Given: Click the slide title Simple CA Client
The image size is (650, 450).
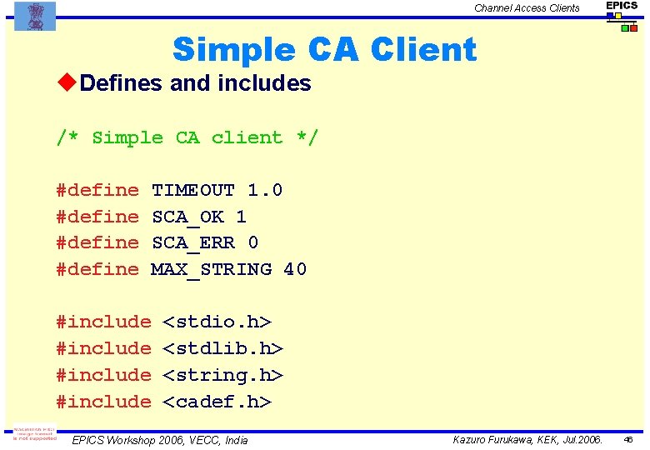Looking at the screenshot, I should (x=324, y=50).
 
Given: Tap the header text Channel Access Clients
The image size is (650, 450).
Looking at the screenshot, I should (x=527, y=8).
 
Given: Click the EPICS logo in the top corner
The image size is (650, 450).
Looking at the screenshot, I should (x=622, y=15).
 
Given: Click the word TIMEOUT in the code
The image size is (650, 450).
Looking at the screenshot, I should (x=192, y=191).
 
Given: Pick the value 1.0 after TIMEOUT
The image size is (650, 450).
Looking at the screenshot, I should (x=265, y=191).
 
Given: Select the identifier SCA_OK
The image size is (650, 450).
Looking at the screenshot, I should (x=187, y=217).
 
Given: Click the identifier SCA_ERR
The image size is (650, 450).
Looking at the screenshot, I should (x=193, y=242).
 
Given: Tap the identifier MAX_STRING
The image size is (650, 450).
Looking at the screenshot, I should (x=211, y=269).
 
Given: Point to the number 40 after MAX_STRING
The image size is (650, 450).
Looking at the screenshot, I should (x=295, y=269).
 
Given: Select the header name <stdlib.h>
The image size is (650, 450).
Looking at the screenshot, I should (x=222, y=348).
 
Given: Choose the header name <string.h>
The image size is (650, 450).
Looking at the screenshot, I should (x=222, y=375).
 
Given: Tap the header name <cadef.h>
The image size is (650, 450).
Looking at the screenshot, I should (x=217, y=402).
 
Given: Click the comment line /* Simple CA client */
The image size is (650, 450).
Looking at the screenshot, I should (x=187, y=137).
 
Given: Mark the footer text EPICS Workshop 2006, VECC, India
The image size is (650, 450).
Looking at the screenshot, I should (x=160, y=439).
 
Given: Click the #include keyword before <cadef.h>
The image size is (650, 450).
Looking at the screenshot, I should (x=103, y=402).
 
